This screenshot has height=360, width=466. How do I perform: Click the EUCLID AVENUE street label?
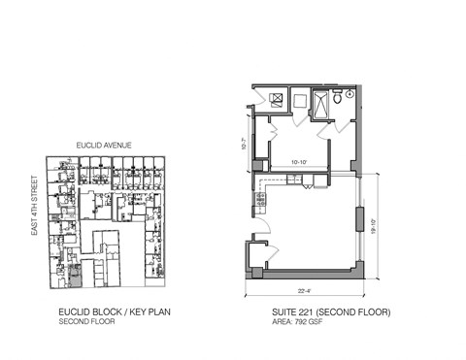click(x=104, y=146)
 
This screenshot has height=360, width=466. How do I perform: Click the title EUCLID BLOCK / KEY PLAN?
click(x=110, y=312)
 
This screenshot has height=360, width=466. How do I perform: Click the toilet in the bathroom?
click(x=336, y=97)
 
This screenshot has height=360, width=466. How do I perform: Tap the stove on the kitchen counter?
click(x=260, y=200)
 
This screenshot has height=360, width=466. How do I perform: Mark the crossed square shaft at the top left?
click(x=278, y=99)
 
